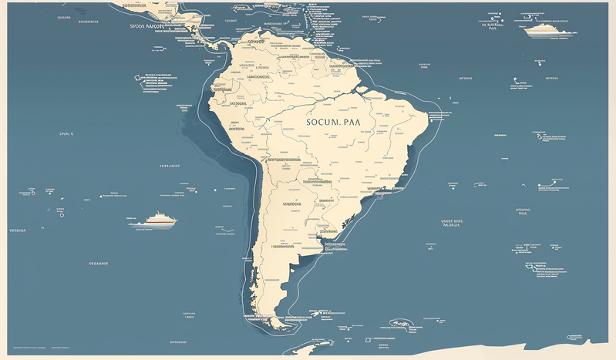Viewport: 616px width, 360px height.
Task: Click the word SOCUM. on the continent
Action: [x=323, y=123]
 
